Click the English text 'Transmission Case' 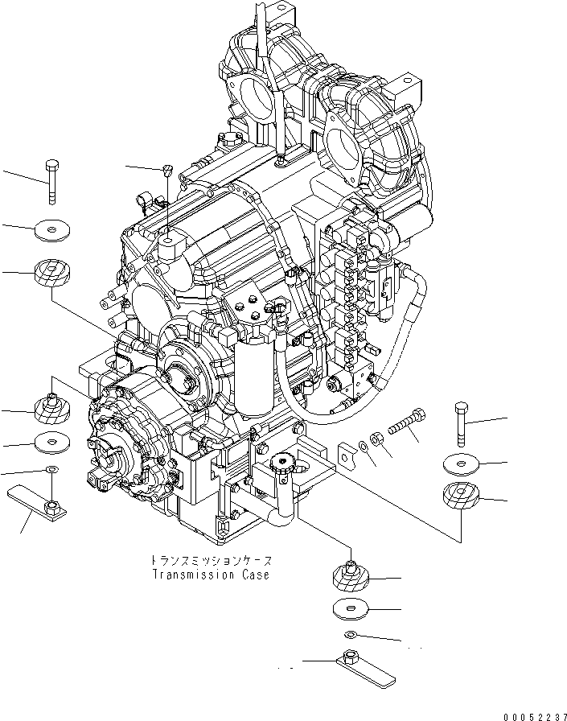coord(211,575)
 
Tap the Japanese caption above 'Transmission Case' coord(211,560)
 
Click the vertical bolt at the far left coord(52,181)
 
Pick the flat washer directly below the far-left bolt coord(52,232)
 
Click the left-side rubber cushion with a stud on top coord(52,410)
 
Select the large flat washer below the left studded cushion coord(52,442)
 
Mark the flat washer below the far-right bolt coord(461,463)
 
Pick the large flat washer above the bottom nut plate coord(351,609)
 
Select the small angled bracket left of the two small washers coord(346,453)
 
